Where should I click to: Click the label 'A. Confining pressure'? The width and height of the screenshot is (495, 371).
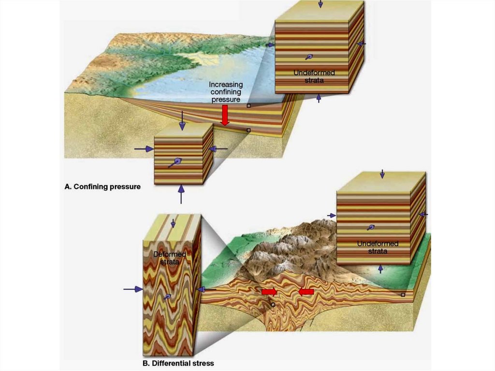click(102, 186)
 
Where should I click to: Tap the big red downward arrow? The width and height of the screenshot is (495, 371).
click(224, 115)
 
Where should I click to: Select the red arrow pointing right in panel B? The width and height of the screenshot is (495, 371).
click(269, 292)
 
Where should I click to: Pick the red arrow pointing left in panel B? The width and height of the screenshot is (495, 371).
click(306, 292)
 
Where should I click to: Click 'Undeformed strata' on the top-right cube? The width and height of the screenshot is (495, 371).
click(314, 76)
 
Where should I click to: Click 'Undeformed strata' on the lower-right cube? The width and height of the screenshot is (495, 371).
click(378, 247)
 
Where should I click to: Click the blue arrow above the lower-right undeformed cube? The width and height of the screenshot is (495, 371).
click(382, 173)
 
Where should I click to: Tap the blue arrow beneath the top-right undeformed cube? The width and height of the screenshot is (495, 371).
click(318, 98)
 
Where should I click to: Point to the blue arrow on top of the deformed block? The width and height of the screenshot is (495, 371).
click(173, 223)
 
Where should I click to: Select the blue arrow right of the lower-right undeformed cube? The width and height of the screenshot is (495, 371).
click(423, 214)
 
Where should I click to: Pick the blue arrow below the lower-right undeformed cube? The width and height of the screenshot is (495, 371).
click(380, 269)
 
